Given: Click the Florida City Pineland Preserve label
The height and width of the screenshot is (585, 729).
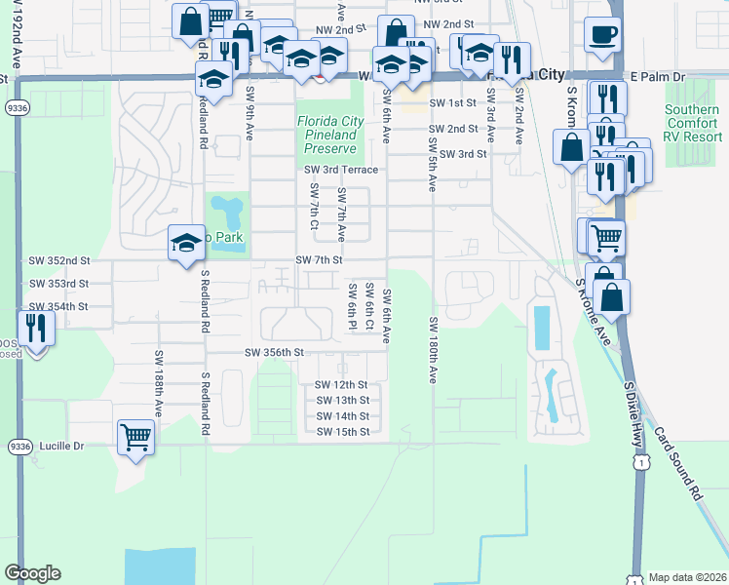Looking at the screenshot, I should point(330,136).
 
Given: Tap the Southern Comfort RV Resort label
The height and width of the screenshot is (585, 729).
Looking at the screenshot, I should point(692,124).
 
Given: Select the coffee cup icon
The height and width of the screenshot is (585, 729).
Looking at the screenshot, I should point(602,35).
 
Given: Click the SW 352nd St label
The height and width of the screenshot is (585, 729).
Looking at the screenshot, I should point(58,261).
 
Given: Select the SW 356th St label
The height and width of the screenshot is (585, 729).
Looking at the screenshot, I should point(275,352).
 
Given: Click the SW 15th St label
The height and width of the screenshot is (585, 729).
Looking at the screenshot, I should point(342,432).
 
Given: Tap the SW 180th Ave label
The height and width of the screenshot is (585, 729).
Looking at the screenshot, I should point(432,349).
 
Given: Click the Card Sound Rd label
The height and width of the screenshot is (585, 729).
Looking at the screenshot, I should point(678,464).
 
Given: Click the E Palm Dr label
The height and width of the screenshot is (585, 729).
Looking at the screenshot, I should point(659,75).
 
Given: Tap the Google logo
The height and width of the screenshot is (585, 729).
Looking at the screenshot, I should point(33,573).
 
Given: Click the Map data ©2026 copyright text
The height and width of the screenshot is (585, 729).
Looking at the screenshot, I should point(686,577).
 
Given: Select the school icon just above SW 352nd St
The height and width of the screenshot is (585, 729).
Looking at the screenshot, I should point(185,244).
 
